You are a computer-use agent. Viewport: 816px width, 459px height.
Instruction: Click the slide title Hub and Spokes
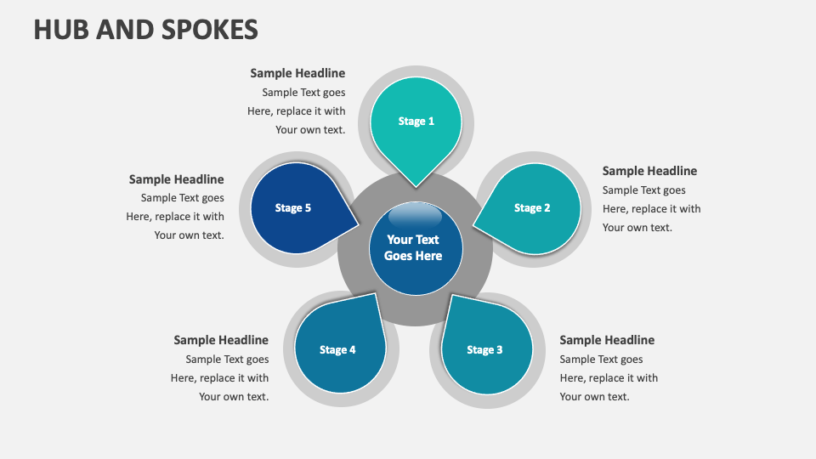[145, 29]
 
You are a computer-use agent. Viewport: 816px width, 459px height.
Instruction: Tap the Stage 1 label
[416, 121]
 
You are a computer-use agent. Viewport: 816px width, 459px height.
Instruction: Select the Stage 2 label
[532, 207]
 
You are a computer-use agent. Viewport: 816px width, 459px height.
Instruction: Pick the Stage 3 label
[484, 349]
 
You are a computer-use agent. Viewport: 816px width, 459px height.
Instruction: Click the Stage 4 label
[337, 349]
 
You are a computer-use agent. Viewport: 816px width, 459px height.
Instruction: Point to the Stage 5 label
[293, 207]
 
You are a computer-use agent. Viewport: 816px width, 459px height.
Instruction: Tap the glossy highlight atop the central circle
[415, 215]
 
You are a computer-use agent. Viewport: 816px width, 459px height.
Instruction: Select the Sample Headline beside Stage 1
[297, 73]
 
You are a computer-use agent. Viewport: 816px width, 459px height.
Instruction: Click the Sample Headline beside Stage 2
[649, 171]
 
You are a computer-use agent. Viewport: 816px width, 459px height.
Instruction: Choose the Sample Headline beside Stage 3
[607, 340]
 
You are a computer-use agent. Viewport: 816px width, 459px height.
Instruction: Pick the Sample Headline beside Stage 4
[221, 340]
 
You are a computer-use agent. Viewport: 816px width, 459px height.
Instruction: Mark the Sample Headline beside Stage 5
[177, 179]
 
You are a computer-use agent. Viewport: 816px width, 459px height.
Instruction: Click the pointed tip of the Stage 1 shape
[416, 184]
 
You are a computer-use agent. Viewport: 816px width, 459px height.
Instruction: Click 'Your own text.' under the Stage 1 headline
[310, 130]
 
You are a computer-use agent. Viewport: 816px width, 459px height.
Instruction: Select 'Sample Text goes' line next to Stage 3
[601, 360]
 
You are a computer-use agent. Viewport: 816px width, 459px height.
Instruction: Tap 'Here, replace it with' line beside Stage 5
[175, 217]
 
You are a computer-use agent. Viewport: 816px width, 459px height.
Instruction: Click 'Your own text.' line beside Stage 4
[234, 397]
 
